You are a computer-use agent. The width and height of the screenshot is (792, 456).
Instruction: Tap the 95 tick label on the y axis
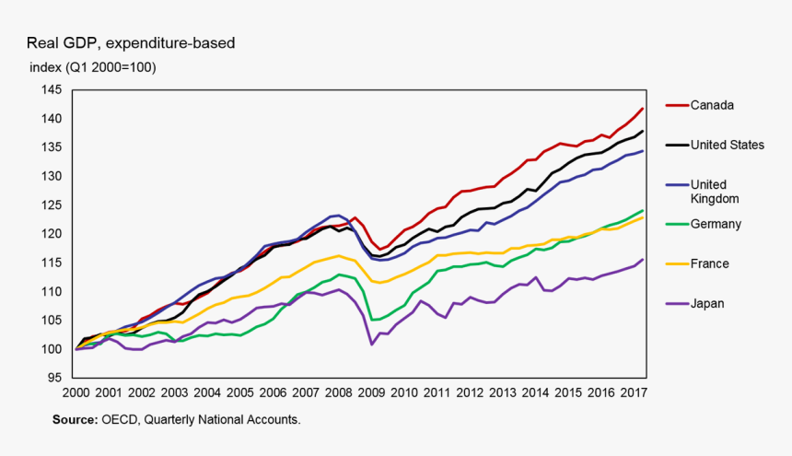click(54, 378)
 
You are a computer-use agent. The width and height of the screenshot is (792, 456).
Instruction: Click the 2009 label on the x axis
click(372, 392)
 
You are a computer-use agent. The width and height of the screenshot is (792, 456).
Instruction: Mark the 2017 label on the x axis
click(631, 392)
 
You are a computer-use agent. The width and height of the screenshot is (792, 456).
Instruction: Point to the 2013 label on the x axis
click(501, 392)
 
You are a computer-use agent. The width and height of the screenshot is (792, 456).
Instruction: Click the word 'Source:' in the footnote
click(75, 419)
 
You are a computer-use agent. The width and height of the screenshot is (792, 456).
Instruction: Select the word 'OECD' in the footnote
click(121, 419)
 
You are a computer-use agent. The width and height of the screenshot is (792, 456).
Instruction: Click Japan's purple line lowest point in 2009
click(371, 345)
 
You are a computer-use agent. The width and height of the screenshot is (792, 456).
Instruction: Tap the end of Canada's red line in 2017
click(642, 109)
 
